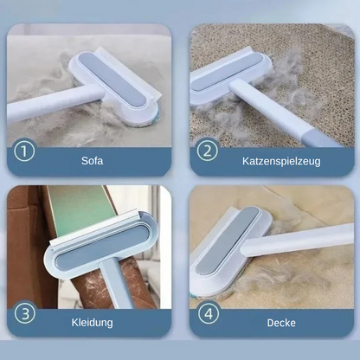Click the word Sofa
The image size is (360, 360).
pos(93,159)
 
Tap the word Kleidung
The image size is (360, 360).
pos(93,321)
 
